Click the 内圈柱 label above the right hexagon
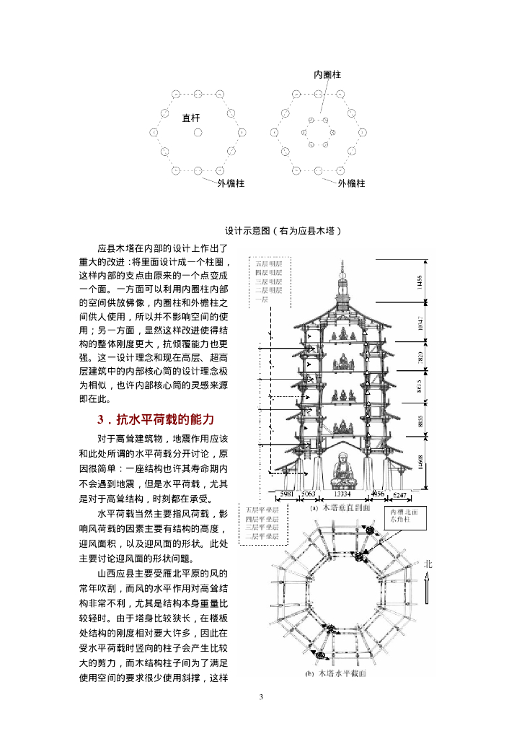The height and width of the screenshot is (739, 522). (x=327, y=74)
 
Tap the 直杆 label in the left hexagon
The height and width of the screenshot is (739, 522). (x=190, y=117)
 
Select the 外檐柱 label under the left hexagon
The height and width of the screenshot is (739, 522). (x=231, y=183)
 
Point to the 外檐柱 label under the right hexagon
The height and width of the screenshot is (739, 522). (x=351, y=183)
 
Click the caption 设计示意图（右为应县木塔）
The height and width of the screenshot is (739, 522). (x=281, y=230)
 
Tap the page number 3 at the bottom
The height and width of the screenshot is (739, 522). (x=261, y=696)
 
